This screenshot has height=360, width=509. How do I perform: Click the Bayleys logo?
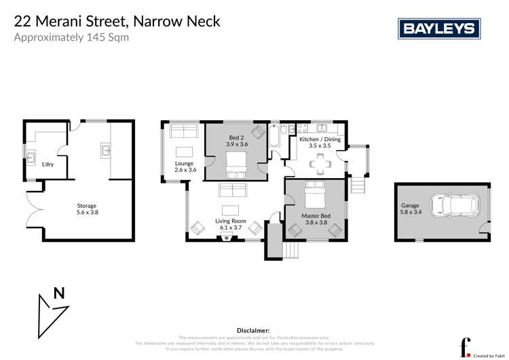(x=438, y=29)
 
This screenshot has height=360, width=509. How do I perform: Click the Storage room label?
(x=86, y=206)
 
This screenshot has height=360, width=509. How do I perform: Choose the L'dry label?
(x=48, y=164)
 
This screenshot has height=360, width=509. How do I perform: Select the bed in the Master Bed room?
(x=316, y=195)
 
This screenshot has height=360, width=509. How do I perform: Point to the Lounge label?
(x=184, y=164)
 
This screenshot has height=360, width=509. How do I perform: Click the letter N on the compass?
(x=59, y=293)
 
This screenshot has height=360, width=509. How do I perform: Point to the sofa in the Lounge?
(x=183, y=130)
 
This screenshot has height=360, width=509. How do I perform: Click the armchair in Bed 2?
(x=259, y=132)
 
